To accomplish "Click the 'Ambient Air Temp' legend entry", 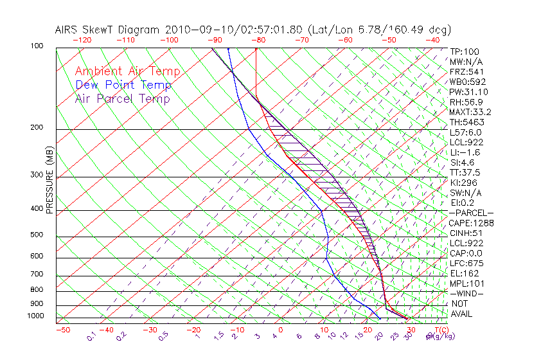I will (x=127, y=71).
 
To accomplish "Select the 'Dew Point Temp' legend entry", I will (x=123, y=85).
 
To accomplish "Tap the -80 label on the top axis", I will (x=258, y=40).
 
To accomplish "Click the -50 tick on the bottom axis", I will (x=62, y=330).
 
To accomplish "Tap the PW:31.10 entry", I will (x=468, y=92).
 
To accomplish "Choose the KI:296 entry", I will (x=464, y=183).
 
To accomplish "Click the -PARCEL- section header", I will (x=471, y=213).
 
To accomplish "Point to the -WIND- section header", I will (x=466, y=293).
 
